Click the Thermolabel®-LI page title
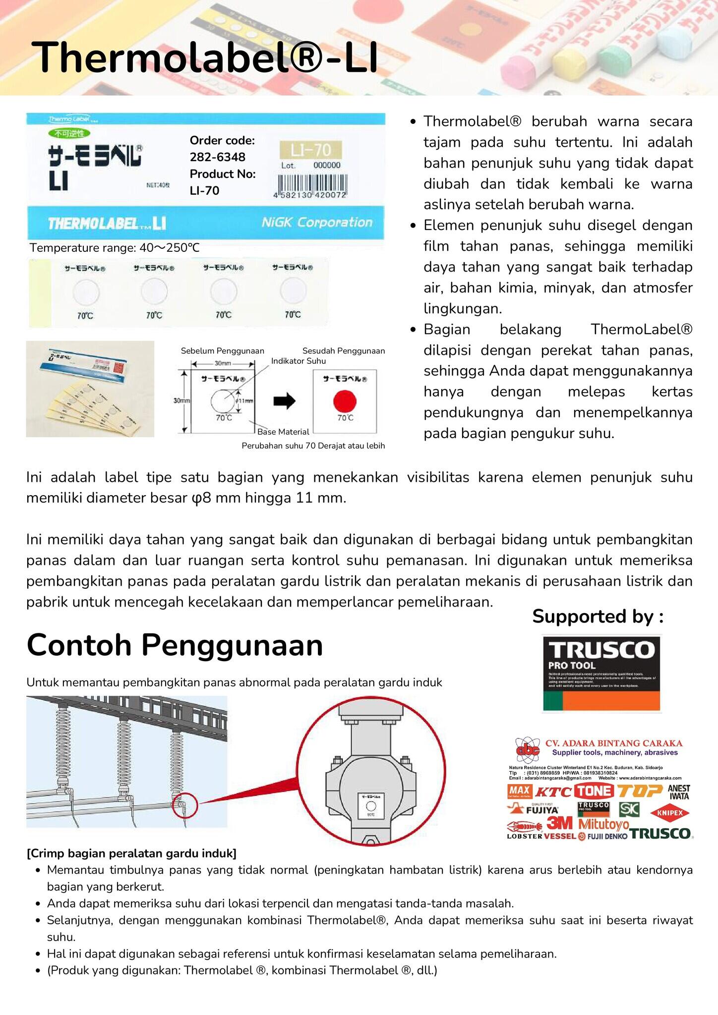click(x=204, y=57)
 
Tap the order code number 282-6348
click(x=217, y=157)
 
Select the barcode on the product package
click(x=310, y=185)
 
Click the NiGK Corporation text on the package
click(x=317, y=223)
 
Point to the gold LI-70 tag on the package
click(x=310, y=150)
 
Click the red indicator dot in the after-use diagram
click(x=345, y=400)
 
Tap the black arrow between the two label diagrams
click(x=284, y=401)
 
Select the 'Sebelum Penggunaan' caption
click(x=222, y=351)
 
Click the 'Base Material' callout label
click(x=283, y=432)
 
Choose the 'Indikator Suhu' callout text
click(x=298, y=361)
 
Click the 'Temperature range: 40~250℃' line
click(x=115, y=248)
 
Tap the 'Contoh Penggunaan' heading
click(x=175, y=645)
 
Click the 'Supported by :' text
click(x=598, y=617)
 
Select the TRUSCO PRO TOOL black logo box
click(x=601, y=673)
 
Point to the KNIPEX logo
click(x=670, y=813)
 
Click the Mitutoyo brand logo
click(x=603, y=825)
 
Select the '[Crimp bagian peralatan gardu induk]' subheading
click(x=131, y=853)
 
